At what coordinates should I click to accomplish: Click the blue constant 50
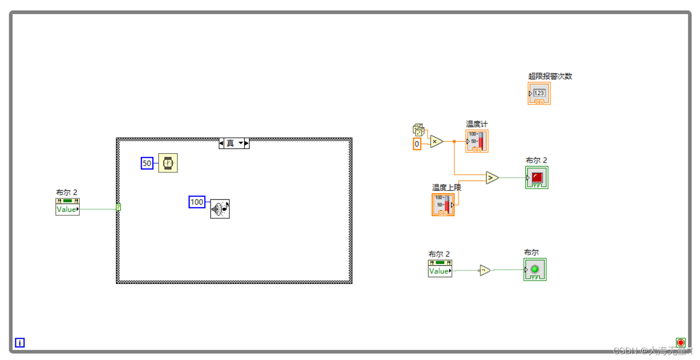[x=147, y=164]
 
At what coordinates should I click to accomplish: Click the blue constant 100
[x=197, y=202]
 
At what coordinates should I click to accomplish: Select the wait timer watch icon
[x=168, y=163]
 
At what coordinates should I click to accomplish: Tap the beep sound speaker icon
[x=220, y=209]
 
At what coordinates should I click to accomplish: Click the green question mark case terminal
[x=119, y=208]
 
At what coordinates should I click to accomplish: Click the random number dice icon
[x=418, y=130]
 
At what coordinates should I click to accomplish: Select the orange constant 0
[x=417, y=144]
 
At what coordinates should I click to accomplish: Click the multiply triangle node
[x=436, y=141]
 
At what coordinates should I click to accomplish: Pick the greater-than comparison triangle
[x=492, y=178]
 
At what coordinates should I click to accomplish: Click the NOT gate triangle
[x=485, y=270]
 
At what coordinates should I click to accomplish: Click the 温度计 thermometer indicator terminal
[x=477, y=141]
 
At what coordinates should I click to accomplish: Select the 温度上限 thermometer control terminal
[x=443, y=204]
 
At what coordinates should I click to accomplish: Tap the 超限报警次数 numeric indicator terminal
[x=539, y=93]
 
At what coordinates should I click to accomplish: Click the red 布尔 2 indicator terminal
[x=537, y=178]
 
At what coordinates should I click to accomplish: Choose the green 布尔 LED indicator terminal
[x=535, y=270]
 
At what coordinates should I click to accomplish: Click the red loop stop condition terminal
[x=681, y=343]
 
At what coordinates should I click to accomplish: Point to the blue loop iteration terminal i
[x=20, y=343]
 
